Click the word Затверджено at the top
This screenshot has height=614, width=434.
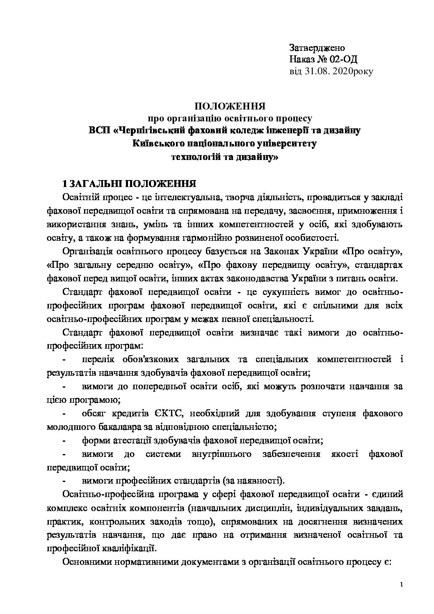[317, 48]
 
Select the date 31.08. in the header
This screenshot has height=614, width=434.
[318, 71]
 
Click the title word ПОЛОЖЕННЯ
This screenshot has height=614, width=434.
[230, 107]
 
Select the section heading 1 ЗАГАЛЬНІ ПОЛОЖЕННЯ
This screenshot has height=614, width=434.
[128, 182]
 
